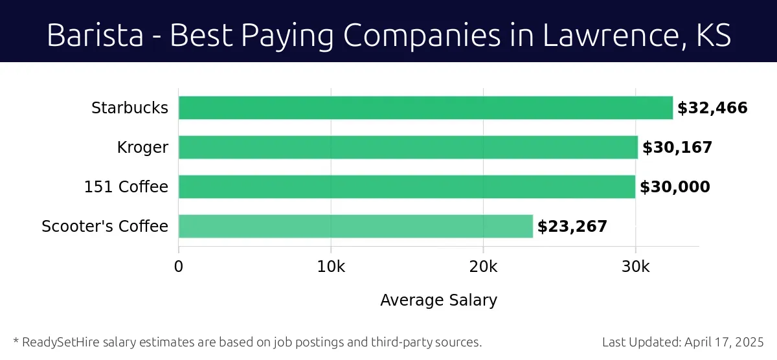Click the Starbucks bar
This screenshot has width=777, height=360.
coord(425,107)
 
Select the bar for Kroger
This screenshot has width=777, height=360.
coord(408,148)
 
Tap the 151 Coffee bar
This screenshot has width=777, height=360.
coord(407,187)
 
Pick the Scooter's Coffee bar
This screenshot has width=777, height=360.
coord(355,227)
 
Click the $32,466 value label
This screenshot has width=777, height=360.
coord(712,108)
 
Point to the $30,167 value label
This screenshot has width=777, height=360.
coord(677,148)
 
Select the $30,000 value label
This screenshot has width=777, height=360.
coord(675,187)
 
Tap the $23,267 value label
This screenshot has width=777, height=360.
coord(572,227)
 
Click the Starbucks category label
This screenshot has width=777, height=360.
coord(129,108)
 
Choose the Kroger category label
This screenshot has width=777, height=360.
coord(142,148)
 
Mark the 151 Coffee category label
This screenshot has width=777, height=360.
coord(126,187)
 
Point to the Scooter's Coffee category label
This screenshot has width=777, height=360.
coord(105,227)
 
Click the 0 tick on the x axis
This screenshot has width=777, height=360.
coord(179,267)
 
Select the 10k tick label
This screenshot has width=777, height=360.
coord(331,267)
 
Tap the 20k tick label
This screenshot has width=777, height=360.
coord(483,267)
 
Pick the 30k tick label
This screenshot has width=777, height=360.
coord(635,267)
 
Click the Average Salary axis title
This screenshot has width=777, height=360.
coord(438,300)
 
